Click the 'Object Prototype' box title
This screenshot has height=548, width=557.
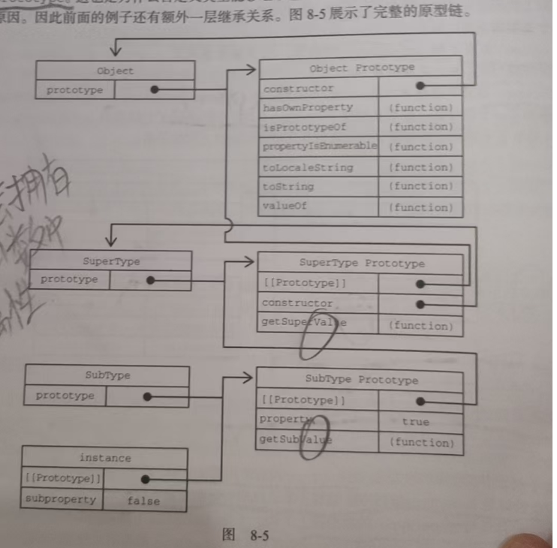pos(361,68)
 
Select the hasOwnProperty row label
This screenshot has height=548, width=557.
pos(308,107)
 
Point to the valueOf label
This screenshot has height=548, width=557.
pos(285,206)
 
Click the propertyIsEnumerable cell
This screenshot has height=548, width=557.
pos(319,146)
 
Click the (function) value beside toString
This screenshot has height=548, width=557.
pos(420,187)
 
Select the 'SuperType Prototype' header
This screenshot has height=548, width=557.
pos(361,263)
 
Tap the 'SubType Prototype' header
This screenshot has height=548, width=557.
pos(361,380)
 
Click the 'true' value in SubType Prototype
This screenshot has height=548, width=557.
pos(415,422)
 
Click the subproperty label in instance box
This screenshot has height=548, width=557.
pos(61,499)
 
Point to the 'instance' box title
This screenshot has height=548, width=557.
pos(104,458)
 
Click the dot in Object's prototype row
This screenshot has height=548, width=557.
pos(155,89)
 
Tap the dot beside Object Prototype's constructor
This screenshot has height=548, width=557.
pos(420,86)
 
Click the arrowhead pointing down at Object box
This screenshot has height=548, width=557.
pos(116,52)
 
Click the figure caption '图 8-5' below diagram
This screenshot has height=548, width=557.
pos(245,534)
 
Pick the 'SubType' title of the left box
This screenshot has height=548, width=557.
pos(107,375)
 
